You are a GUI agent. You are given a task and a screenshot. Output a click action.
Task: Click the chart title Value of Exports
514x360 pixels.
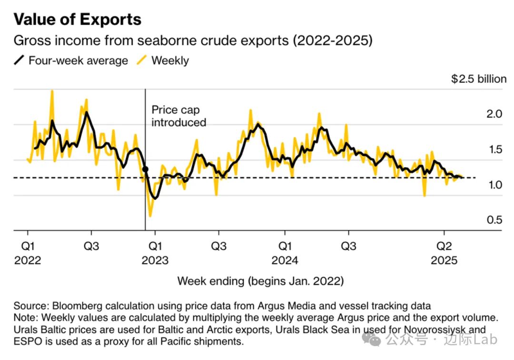pyautogui.click(x=78, y=19)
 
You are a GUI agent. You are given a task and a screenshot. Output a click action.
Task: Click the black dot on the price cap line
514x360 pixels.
pyautogui.click(x=145, y=169)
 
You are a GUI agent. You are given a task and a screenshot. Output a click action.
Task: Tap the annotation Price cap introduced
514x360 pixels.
pyautogui.click(x=178, y=116)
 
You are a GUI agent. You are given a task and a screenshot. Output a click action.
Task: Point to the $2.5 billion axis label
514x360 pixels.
pyautogui.click(x=478, y=79)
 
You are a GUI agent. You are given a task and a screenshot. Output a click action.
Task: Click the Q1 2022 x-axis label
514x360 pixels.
pyautogui.click(x=28, y=253)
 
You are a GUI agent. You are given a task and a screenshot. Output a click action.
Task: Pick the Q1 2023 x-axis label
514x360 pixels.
pyautogui.click(x=155, y=253)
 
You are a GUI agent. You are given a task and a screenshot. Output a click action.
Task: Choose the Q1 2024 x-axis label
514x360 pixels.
pyautogui.click(x=285, y=253)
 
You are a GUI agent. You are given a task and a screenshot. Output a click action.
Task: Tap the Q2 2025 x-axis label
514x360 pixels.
pyautogui.click(x=444, y=253)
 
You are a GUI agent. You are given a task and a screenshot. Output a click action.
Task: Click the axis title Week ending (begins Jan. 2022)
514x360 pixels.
pyautogui.click(x=260, y=281)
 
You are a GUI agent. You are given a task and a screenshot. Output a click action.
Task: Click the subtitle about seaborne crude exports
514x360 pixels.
pyautogui.click(x=193, y=40)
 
